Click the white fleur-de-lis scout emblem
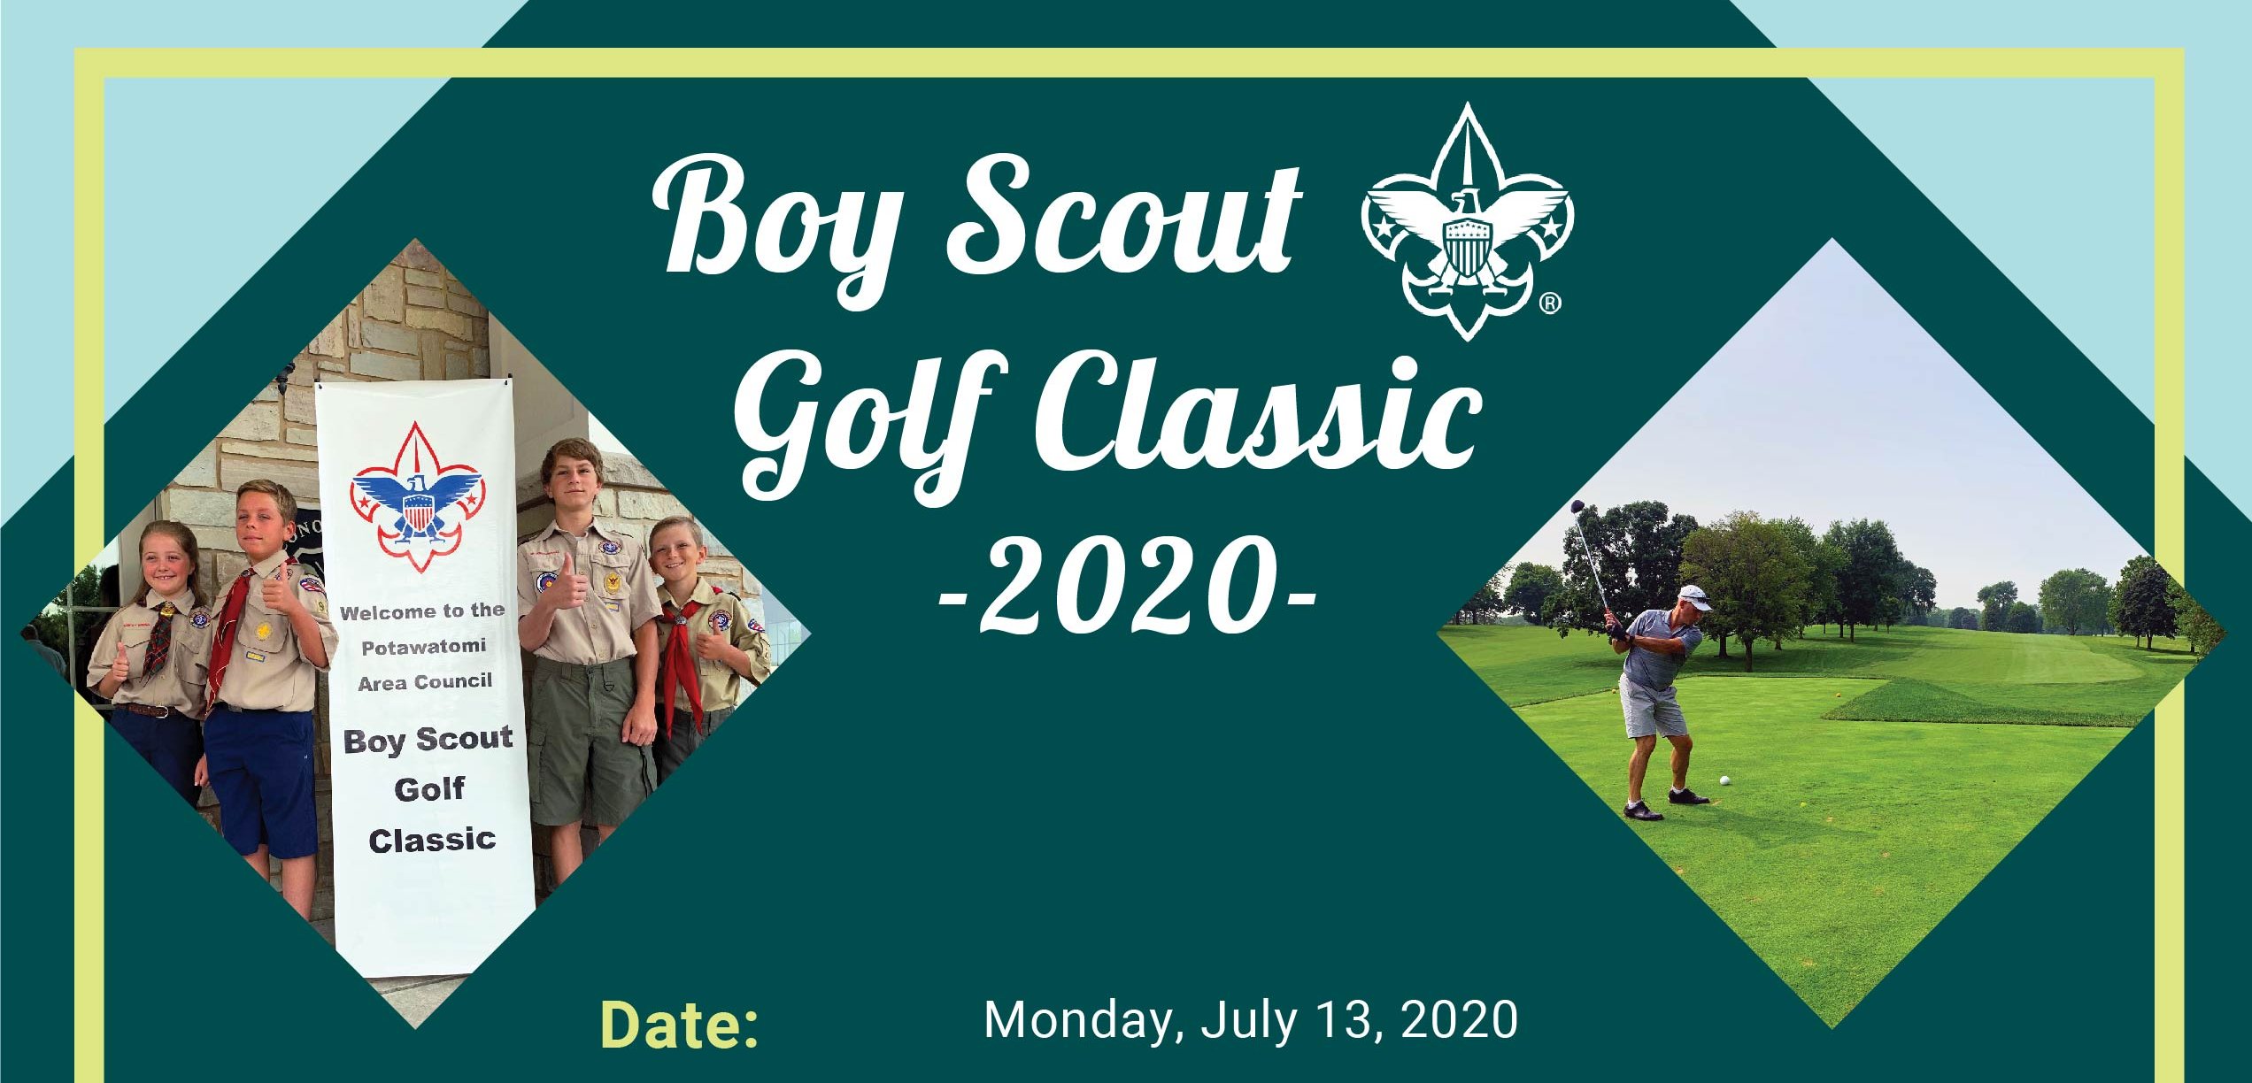pyautogui.click(x=1467, y=221)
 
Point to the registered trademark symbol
pyautogui.click(x=1550, y=303)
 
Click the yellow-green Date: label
pyautogui.click(x=679, y=1025)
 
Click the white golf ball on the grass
pyautogui.click(x=1724, y=780)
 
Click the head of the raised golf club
pyautogui.click(x=1577, y=507)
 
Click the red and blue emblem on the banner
pyautogui.click(x=416, y=496)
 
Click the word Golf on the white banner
pyautogui.click(x=429, y=788)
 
